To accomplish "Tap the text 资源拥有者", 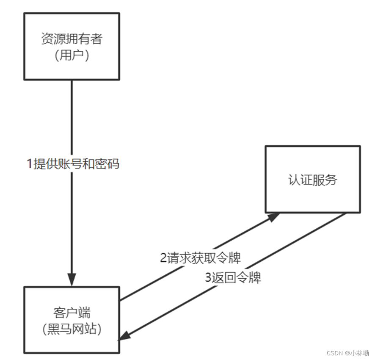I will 72,39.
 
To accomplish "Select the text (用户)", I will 72,55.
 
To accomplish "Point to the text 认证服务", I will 313,180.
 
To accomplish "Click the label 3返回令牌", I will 233,277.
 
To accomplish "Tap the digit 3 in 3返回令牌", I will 208,278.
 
